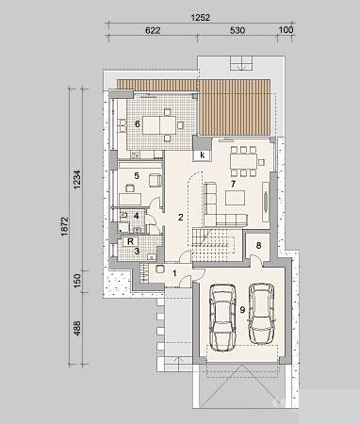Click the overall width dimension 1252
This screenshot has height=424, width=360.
click(201, 18)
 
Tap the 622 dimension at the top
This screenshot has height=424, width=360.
click(153, 30)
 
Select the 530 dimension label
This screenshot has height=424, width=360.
click(237, 30)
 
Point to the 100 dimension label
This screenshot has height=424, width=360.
click(286, 30)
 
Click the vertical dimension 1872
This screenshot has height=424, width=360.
click(64, 226)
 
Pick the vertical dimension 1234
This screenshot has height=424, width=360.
click(77, 179)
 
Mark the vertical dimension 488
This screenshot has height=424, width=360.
click(77, 328)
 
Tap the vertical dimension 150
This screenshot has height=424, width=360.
click(77, 280)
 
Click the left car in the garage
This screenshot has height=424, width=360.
click(222, 318)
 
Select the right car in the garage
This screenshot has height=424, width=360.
click(261, 313)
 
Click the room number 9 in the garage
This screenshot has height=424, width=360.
click(242, 310)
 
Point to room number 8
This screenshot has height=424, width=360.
click(258, 245)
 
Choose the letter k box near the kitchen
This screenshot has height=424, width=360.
click(203, 155)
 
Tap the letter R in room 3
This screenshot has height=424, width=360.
click(131, 241)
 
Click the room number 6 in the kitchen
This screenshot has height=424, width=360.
click(138, 124)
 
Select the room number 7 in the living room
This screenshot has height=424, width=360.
click(233, 184)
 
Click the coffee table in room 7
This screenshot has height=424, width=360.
click(236, 198)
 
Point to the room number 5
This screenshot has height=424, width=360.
click(137, 175)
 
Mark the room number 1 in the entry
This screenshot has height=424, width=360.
click(174, 273)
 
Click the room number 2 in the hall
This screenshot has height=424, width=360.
click(180, 217)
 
